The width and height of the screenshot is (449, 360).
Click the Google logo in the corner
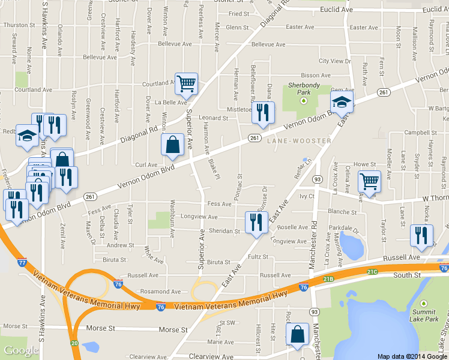pyautogui.click(x=21, y=350)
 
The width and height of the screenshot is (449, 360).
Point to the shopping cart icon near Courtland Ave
pyautogui.click(x=186, y=84)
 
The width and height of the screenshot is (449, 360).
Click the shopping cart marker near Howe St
pyautogui.click(x=369, y=181)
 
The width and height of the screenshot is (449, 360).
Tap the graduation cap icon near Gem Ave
pyautogui.click(x=342, y=101)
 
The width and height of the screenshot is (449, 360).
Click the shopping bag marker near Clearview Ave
pyautogui.click(x=298, y=334)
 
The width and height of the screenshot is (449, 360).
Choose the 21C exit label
pyautogui.click(x=372, y=272)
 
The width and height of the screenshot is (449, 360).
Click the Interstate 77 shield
pyautogui.click(x=22, y=262)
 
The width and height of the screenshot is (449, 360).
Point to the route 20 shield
pyautogui.click(x=74, y=343)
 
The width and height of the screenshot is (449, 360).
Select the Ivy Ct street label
pyautogui.click(x=307, y=196)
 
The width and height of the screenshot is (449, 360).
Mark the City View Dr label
pyautogui.click(x=334, y=61)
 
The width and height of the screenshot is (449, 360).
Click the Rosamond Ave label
pyautogui.click(x=159, y=292)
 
